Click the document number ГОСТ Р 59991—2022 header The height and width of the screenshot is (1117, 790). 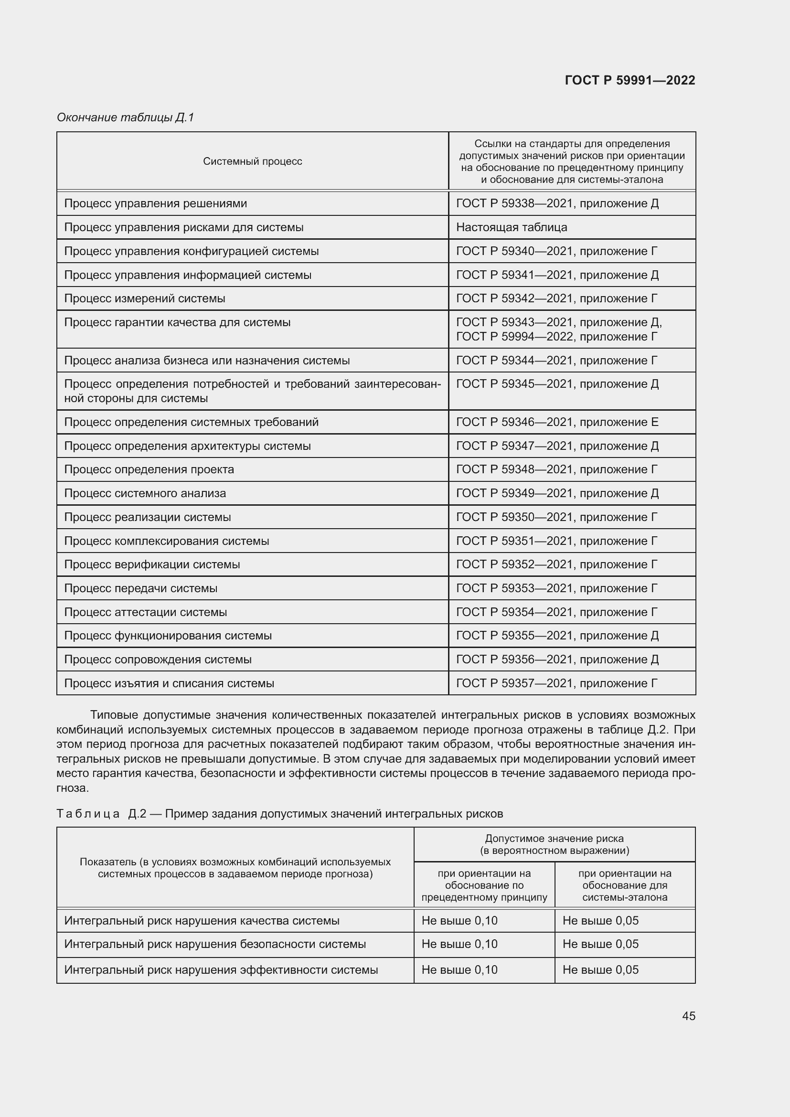coord(630,80)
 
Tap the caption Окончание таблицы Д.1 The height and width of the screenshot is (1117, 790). coord(126,117)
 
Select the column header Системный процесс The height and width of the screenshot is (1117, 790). coord(252,161)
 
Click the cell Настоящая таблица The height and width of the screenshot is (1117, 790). coord(511,227)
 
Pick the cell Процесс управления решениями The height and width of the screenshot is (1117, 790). coord(155,203)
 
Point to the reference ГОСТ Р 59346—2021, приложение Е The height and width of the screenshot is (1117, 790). coord(557,422)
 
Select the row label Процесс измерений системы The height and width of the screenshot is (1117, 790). coord(144,298)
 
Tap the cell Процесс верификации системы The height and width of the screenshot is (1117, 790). coord(152,564)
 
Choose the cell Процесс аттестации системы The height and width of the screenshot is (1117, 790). coord(146,612)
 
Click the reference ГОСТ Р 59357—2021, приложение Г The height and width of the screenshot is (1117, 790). coord(556,683)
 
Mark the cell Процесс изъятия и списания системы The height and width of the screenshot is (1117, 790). coord(169,683)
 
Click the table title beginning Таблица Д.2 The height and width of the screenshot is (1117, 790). coord(279,814)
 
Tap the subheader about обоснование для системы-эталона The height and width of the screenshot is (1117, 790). coord(625,885)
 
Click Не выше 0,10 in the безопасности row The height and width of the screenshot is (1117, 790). coord(459,944)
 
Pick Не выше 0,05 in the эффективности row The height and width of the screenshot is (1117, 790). coord(600,969)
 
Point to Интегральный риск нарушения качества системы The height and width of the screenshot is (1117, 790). coord(202,920)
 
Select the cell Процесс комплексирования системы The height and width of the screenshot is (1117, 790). coord(166,541)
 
